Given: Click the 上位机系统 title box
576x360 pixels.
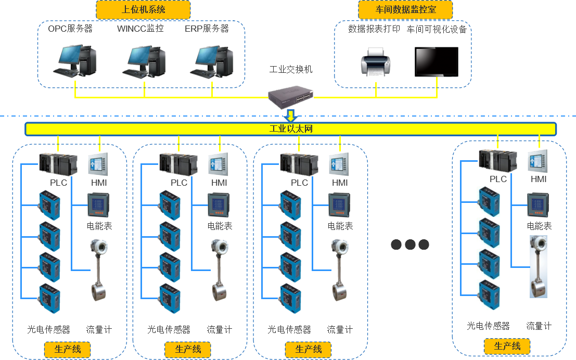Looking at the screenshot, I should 143,9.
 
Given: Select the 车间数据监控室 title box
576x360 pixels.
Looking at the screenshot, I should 405,9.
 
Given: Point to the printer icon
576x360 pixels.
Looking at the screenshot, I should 375,62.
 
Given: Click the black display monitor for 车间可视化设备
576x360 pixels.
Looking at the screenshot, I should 437,62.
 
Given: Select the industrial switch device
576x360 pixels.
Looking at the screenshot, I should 291,95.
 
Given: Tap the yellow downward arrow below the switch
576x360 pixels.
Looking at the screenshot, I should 291,115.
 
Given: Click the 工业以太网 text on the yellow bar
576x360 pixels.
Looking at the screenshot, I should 291,128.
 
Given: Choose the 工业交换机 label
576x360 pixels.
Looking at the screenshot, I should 291,69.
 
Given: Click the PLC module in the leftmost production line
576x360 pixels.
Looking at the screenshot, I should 58,164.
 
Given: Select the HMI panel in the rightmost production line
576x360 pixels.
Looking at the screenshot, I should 538,161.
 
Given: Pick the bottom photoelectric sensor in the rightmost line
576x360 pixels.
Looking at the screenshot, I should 489,295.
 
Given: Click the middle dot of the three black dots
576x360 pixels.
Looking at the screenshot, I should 410,245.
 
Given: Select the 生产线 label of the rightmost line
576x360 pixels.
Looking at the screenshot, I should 507,346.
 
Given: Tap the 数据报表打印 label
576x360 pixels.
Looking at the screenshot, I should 374,29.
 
